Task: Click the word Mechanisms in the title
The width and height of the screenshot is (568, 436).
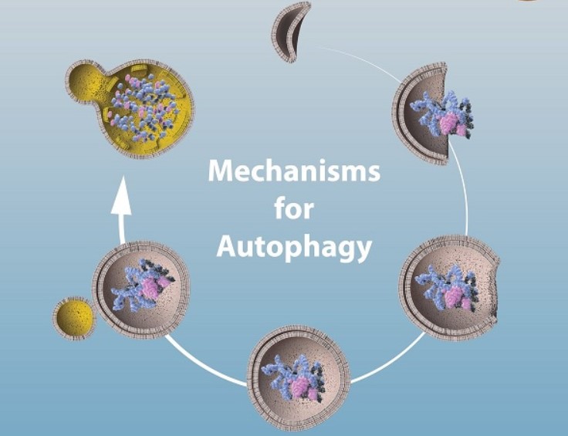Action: pyautogui.click(x=294, y=171)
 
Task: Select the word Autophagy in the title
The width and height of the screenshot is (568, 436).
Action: pyautogui.click(x=294, y=247)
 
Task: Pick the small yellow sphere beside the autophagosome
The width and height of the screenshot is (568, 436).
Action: pyautogui.click(x=74, y=318)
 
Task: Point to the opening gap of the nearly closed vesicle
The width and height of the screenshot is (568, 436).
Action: pyautogui.click(x=494, y=290)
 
